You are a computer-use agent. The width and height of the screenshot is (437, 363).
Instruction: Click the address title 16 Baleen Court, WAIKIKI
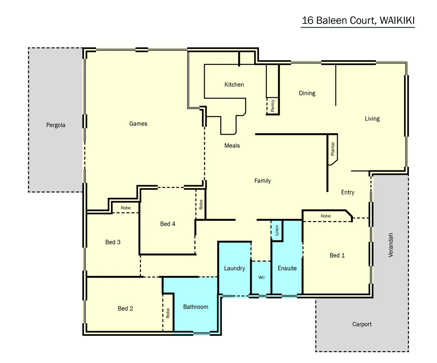click(x=358, y=21)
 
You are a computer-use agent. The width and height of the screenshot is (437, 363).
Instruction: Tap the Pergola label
click(x=56, y=125)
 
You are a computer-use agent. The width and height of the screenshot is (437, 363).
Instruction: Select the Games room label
click(x=138, y=124)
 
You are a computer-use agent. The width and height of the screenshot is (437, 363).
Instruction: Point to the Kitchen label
click(x=234, y=85)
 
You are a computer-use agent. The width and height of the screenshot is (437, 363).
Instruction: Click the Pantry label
click(x=273, y=106)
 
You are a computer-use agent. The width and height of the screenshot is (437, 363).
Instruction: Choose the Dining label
click(x=307, y=93)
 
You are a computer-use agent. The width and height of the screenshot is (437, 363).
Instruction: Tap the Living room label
click(x=372, y=119)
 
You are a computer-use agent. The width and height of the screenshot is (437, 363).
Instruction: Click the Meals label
click(x=232, y=146)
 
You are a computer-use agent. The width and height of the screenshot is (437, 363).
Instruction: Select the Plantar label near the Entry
click(x=333, y=149)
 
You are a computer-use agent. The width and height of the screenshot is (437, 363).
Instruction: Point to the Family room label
click(x=262, y=181)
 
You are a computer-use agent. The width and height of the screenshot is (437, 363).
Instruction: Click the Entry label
click(x=348, y=192)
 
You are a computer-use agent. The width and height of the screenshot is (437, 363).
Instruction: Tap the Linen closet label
click(x=277, y=230)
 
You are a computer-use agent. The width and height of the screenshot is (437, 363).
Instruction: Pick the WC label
click(x=262, y=277)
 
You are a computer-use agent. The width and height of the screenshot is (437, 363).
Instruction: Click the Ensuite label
click(x=287, y=268)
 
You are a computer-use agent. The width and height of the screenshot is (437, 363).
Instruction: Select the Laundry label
click(x=234, y=268)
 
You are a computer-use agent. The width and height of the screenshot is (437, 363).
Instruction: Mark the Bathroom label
click(x=195, y=307)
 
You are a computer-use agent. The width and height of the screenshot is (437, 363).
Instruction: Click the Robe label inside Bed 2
click(x=168, y=313)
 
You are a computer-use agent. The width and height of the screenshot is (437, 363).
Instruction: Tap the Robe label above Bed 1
click(x=326, y=216)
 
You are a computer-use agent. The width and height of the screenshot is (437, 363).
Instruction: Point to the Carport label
click(x=362, y=324)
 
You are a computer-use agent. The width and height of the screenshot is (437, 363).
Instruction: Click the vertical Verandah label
click(x=391, y=245)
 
